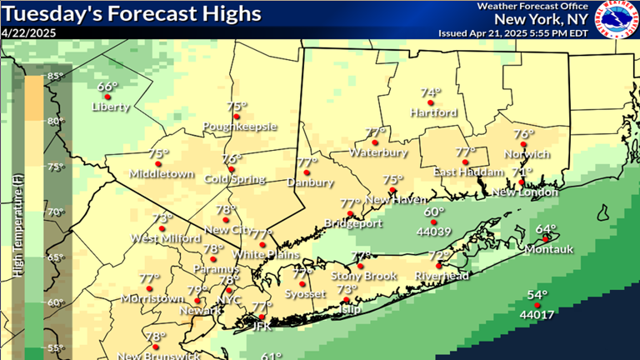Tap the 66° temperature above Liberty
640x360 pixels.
(x=107, y=87)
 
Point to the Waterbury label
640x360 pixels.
(x=377, y=153)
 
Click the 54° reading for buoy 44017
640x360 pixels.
(x=537, y=296)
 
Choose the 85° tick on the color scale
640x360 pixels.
(x=55, y=77)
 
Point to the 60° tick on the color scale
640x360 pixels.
(x=55, y=302)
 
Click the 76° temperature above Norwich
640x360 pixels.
(x=523, y=134)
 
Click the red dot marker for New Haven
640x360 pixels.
(x=391, y=190)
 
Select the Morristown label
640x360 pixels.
(x=152, y=298)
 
